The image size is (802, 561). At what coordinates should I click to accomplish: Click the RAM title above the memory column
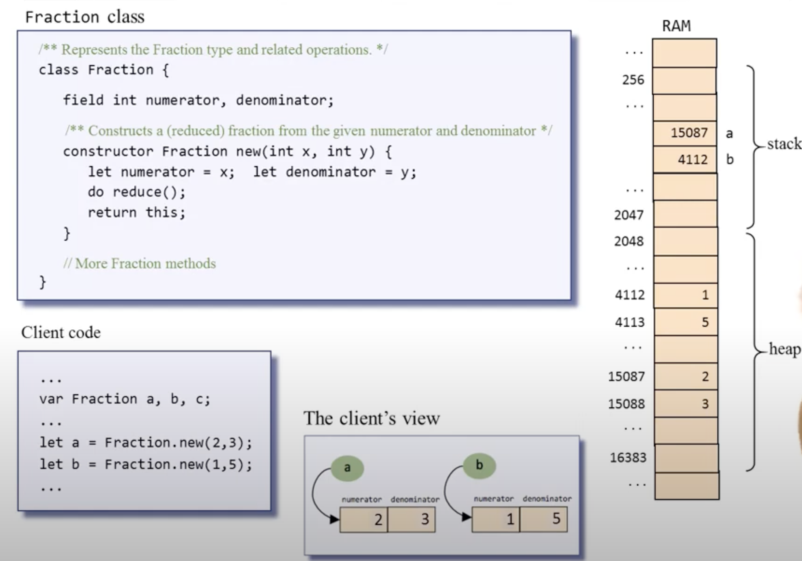point(676,26)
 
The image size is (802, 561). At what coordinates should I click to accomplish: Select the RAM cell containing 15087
point(685,133)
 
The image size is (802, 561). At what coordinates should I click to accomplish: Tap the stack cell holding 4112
point(685,160)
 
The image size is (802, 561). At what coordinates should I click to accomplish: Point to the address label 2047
point(629,215)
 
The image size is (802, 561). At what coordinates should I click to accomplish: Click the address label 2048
point(629,241)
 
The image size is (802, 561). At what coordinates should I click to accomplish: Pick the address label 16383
point(628,458)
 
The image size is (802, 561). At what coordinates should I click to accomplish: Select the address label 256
point(633,80)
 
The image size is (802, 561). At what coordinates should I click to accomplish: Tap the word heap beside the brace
point(785,349)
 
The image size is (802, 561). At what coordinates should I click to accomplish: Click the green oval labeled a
point(347,468)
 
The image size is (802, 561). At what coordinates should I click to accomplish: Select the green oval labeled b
point(479,465)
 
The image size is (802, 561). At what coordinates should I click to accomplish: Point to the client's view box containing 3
point(412,519)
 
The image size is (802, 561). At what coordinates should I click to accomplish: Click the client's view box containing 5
point(544,519)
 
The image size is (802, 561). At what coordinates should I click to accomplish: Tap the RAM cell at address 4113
point(686,322)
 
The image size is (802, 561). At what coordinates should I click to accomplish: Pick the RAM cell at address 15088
point(686,404)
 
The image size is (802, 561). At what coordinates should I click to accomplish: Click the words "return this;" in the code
point(136,213)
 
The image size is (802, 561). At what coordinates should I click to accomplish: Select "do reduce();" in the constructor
point(136,192)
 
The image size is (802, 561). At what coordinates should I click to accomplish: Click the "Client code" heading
point(61,332)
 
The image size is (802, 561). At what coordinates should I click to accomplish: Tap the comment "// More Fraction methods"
point(139,263)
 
